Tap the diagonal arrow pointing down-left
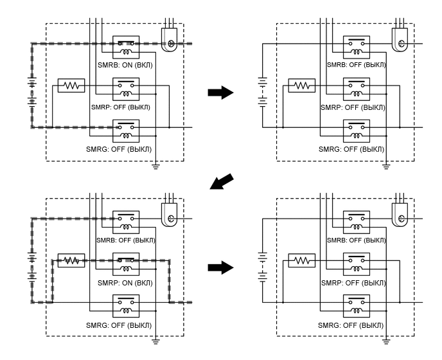click(x=220, y=183)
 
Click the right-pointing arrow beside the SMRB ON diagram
click(x=220, y=93)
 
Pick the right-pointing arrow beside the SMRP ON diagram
click(x=220, y=267)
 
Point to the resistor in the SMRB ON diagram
click(x=70, y=85)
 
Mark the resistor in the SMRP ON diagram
click(x=70, y=260)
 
